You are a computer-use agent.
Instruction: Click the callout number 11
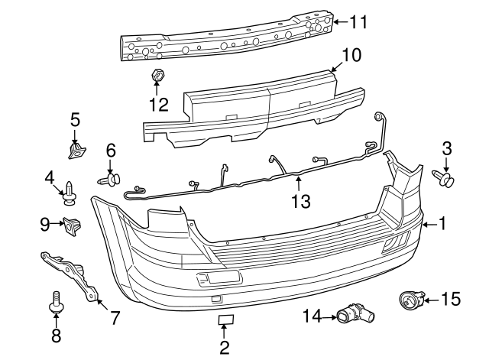pyautogui.click(x=358, y=22)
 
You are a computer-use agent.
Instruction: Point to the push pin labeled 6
pyautogui.click(x=110, y=179)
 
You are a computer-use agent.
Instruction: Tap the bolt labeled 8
pyautogui.click(x=56, y=303)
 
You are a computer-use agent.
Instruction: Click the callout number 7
pyautogui.click(x=115, y=317)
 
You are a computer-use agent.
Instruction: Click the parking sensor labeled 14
pyautogui.click(x=354, y=313)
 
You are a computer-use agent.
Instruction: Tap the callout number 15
pyautogui.click(x=451, y=299)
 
